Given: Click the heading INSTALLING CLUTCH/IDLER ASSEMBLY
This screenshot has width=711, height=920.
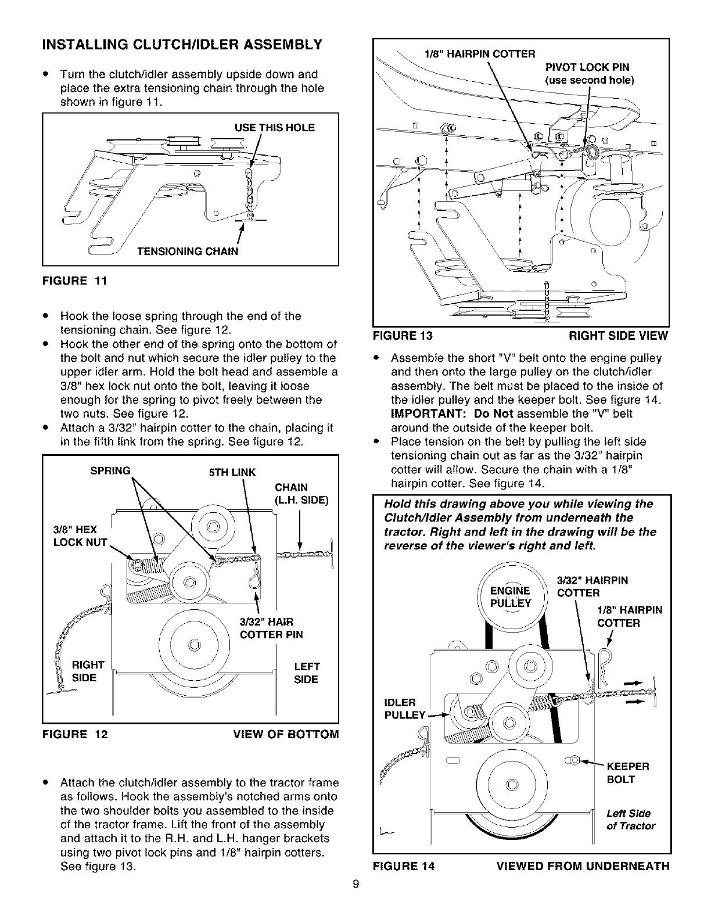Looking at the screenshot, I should pyautogui.click(x=180, y=45).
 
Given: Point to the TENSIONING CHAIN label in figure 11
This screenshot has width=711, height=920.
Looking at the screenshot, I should pyautogui.click(x=187, y=251).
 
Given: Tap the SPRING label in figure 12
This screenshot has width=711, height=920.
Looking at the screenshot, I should pyautogui.click(x=110, y=470).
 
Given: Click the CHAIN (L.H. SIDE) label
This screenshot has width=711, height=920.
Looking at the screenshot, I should pyautogui.click(x=301, y=494).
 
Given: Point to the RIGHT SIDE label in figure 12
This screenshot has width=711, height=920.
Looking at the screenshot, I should pyautogui.click(x=87, y=671).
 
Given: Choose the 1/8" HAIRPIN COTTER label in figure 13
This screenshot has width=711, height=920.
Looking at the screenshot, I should pyautogui.click(x=480, y=55).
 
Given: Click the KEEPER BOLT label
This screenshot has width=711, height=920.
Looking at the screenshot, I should pyautogui.click(x=627, y=772).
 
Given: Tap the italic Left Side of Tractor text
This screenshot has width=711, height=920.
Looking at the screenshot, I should pyautogui.click(x=630, y=820).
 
